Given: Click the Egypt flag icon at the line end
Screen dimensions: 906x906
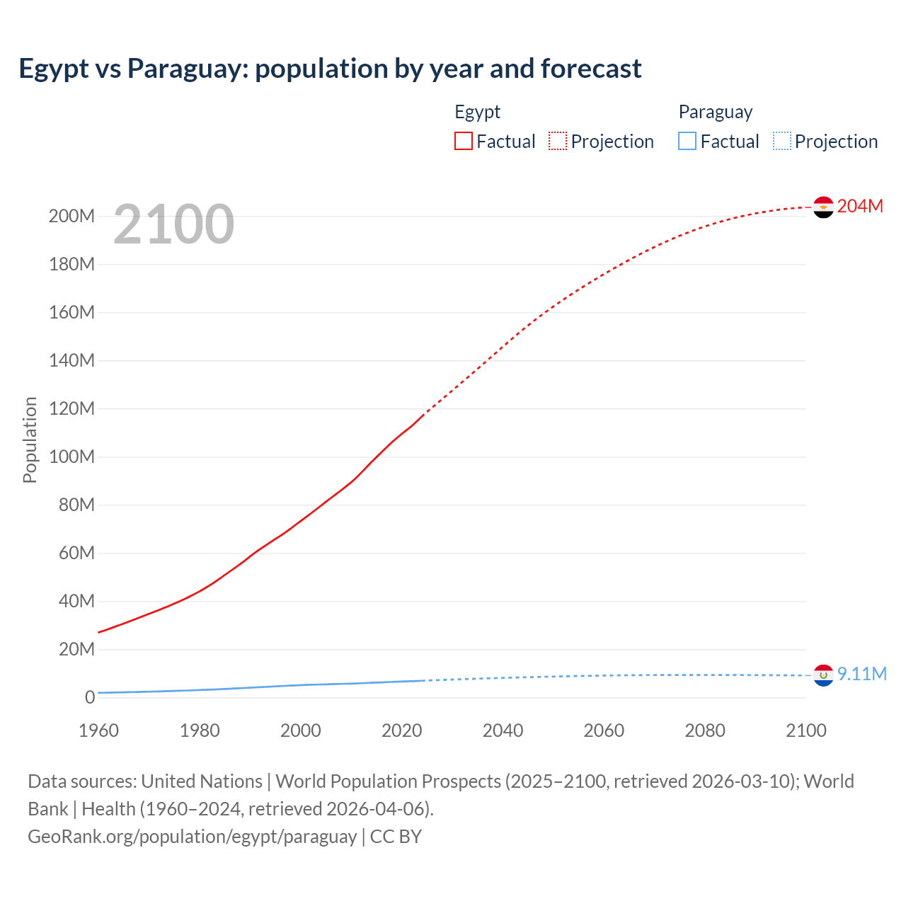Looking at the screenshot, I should pos(823,207).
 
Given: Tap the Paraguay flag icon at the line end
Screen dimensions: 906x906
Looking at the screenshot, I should pos(823,675).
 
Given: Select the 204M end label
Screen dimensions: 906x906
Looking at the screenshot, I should pos(860,206).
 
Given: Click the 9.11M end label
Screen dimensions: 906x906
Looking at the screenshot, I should pos(861,674).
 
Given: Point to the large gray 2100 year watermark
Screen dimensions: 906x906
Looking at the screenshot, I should pos(173,224).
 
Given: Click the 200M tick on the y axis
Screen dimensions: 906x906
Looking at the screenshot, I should pos(71,217).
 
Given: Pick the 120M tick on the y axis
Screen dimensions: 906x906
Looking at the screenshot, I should pos(71,409).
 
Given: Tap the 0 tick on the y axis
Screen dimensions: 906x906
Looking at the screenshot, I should pos(90,698).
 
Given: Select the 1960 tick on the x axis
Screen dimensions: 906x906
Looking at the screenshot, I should pos(98,730).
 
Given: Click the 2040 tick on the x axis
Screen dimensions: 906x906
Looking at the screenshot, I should pos(503,730).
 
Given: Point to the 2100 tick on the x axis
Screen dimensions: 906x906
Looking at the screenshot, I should pos(805,730).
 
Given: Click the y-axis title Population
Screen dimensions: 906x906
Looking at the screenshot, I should pos(30,440).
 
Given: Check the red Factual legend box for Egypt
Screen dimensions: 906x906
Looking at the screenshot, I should pos(464,142).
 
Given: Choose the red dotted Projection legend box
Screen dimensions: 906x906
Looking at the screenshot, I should pos(558,142).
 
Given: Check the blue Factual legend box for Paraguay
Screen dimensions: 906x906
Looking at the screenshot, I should pos(687,142).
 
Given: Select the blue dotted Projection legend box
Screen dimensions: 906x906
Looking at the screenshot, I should pos(782,142).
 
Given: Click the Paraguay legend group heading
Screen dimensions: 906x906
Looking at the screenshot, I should pos(715,112).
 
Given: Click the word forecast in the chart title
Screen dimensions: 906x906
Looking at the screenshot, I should pos(591,69).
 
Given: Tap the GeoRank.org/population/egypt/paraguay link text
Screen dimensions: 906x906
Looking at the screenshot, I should pos(192,837).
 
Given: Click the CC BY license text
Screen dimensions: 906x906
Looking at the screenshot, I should pos(396,837).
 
